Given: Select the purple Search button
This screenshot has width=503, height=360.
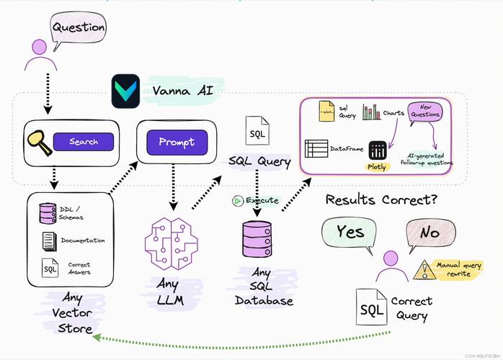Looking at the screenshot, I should tap(84, 142).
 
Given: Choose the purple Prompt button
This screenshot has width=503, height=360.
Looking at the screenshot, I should tap(177, 141).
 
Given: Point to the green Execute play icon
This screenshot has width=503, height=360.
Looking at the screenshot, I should tap(236, 201).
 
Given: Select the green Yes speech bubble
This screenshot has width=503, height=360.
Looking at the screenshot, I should tap(350, 234).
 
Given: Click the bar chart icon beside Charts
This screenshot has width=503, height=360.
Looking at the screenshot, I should tap(371, 112).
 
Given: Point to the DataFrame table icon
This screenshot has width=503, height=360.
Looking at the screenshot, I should tap(316, 148).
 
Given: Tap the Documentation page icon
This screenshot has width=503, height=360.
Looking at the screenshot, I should tap(48, 240).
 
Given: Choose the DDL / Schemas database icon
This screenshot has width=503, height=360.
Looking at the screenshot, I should tap(48, 212).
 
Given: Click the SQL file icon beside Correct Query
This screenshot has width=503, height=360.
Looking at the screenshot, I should tap(370, 309).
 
